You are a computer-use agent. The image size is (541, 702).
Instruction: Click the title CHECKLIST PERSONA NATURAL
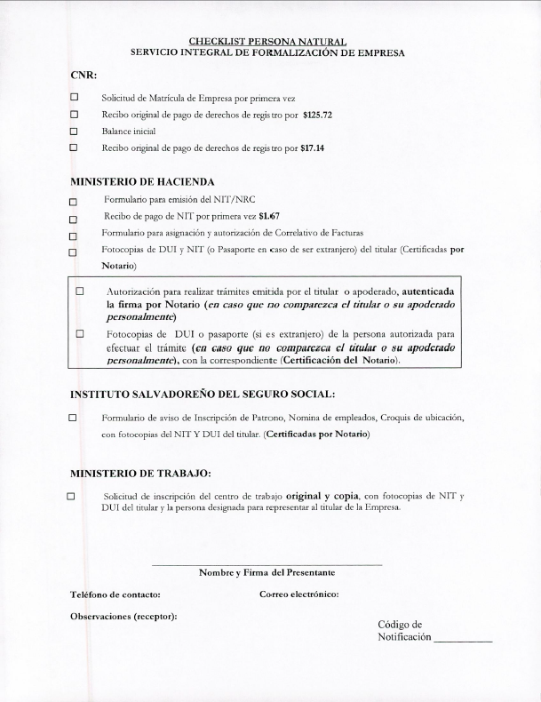coord(267,41)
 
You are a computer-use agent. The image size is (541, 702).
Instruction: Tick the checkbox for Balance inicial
coord(75,131)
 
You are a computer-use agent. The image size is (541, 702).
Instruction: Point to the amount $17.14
coord(313,148)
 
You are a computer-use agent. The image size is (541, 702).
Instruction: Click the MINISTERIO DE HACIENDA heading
coord(142,181)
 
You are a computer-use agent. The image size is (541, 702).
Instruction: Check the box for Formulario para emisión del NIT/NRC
coord(75,202)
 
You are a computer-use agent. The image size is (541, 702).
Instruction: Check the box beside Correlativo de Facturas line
coord(75,235)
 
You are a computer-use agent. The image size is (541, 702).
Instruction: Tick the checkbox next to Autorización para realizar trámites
coord(80,291)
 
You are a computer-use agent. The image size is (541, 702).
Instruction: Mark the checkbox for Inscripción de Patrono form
coord(75,417)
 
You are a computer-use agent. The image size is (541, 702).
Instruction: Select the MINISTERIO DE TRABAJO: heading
coord(140,473)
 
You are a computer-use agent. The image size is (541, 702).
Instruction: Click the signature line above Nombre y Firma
coord(267,564)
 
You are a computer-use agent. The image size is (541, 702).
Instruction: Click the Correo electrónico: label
coord(299,594)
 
